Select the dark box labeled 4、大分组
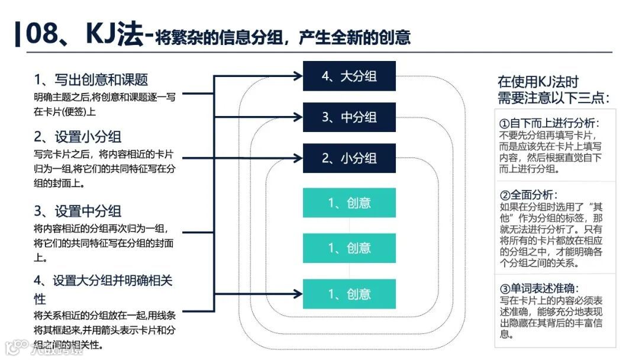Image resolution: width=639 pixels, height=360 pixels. pyautogui.click(x=349, y=76)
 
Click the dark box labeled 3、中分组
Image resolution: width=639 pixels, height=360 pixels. pyautogui.click(x=349, y=117)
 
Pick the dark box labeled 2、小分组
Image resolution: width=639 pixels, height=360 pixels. pyautogui.click(x=349, y=158)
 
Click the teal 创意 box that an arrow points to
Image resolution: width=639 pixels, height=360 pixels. pyautogui.click(x=349, y=294)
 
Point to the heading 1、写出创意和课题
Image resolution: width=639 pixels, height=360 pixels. pyautogui.click(x=91, y=79)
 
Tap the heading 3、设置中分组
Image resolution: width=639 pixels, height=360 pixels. pyautogui.click(x=78, y=211)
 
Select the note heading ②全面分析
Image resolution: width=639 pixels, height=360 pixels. pyautogui.click(x=529, y=195)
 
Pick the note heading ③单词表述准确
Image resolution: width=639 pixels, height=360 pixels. pyautogui.click(x=544, y=289)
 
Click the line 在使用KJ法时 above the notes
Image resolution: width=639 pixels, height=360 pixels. pyautogui.click(x=538, y=82)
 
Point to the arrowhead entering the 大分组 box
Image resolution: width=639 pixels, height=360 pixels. pyautogui.click(x=298, y=76)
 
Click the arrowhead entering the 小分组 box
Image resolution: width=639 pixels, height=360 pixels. pyautogui.click(x=298, y=158)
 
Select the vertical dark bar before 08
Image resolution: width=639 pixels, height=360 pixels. pyautogui.click(x=18, y=34)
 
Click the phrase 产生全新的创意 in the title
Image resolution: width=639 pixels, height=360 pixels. pyautogui.click(x=355, y=38)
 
